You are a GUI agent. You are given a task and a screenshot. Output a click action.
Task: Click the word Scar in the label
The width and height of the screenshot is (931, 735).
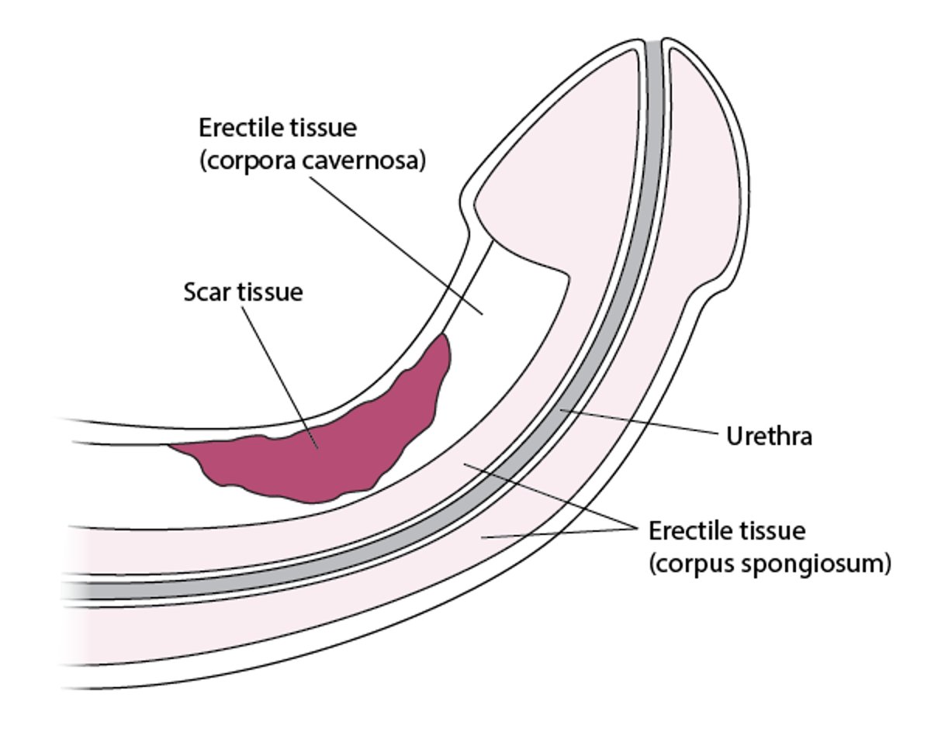(206, 293)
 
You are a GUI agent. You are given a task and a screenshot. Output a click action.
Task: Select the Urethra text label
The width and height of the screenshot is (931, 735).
(769, 437)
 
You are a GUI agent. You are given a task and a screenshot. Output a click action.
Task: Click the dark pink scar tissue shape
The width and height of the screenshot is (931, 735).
(326, 457)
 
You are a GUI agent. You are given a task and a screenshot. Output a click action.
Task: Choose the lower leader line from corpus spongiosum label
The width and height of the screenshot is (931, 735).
(559, 534)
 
